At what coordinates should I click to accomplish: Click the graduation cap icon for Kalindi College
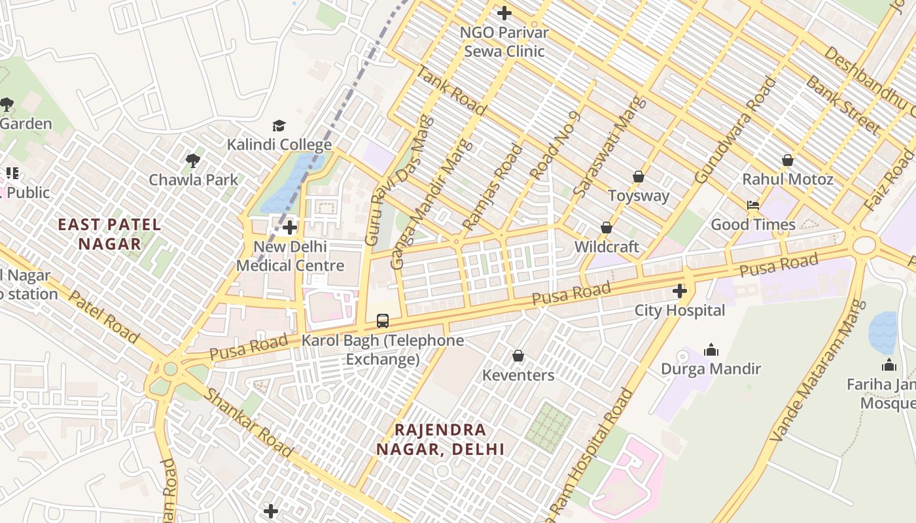pos(279,126)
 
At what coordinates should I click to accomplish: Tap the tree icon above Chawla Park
pos(193,160)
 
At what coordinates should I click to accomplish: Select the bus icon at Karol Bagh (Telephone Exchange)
pos(383,321)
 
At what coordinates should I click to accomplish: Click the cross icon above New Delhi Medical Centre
pos(290,228)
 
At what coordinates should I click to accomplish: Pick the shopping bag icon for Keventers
pos(518,356)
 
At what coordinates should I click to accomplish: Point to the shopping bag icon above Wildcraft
pos(607,228)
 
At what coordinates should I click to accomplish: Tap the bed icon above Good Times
pos(753,205)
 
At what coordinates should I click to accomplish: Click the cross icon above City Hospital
pos(680,291)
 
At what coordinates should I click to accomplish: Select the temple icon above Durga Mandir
pos(711,350)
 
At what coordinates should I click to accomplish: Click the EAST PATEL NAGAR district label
pos(109,234)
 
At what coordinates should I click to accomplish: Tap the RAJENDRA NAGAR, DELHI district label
pos(440,439)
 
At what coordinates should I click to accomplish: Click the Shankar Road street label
pos(249,422)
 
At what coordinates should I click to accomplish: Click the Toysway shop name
pos(639,195)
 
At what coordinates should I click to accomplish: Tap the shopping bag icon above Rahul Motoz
pos(788,160)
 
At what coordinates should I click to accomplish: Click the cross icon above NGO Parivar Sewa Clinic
pos(504,12)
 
